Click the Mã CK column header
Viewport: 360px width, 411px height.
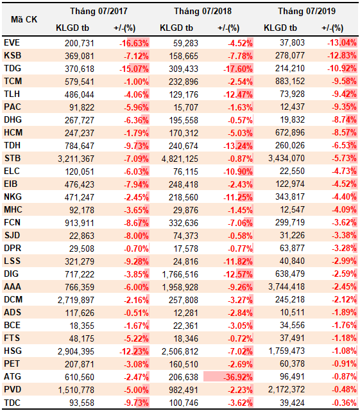pos(24,19)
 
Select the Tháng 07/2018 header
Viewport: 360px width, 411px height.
pos(203,11)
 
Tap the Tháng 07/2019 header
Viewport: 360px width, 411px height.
pos(307,11)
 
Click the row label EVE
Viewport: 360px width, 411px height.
pos(12,43)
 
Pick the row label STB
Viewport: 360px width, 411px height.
pos(12,159)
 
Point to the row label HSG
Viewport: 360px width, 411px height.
pos(13,351)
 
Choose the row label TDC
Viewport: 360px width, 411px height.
pos(12,403)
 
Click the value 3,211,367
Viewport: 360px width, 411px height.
pos(76,159)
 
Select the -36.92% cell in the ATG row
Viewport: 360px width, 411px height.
pos(238,377)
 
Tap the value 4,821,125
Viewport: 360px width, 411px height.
pos(180,159)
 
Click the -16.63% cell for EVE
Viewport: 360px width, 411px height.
pos(134,43)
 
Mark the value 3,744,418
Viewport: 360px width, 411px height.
pos(286,287)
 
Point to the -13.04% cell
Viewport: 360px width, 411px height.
pos(342,43)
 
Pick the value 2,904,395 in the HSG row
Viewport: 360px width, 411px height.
pos(76,351)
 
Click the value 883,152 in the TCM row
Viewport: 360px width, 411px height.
pos(290,82)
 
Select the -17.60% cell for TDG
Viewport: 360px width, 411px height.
pos(238,69)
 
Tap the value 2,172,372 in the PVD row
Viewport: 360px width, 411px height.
pos(286,390)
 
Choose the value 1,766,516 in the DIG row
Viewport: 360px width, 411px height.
pos(180,274)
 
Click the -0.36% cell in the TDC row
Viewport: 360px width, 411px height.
pos(344,403)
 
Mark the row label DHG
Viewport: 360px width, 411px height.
pos(13,120)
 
